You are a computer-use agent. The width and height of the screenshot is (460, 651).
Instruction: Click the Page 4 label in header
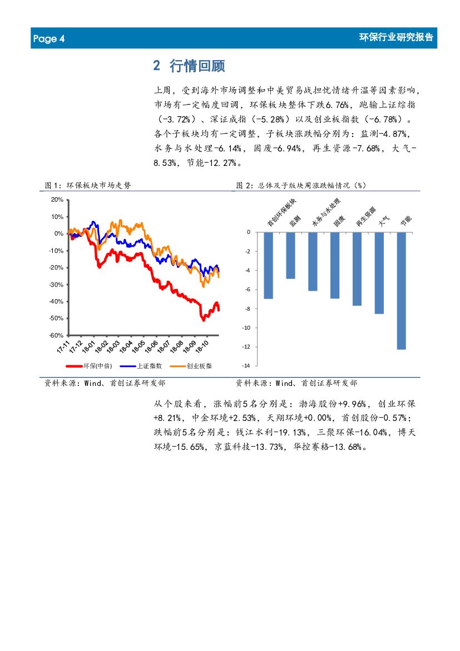(49, 39)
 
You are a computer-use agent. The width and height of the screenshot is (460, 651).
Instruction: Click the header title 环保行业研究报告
(396, 38)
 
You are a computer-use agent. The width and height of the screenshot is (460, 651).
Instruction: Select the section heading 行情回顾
(197, 66)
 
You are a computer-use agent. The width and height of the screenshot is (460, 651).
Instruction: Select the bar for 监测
(290, 255)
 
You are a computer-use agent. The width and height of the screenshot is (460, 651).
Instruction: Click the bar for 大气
(379, 273)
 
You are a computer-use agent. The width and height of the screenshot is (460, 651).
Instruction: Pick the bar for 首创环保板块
(268, 265)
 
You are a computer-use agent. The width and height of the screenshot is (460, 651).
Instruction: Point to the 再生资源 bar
(357, 268)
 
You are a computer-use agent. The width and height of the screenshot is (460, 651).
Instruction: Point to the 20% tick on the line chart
(57, 199)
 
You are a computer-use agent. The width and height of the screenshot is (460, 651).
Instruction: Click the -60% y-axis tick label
(56, 335)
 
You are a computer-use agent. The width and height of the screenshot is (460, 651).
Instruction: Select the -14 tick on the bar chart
(245, 365)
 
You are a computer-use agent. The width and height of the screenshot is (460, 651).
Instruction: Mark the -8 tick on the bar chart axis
(247, 309)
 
